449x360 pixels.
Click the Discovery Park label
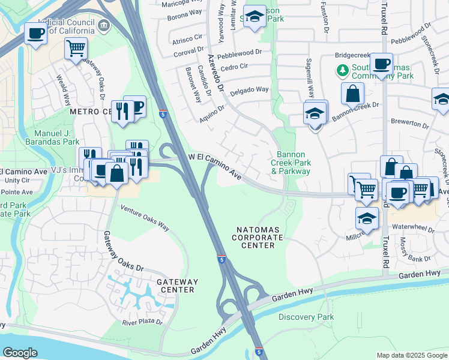[306, 317]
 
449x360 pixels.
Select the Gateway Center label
[176, 286]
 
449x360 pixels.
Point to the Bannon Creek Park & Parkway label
[291, 163]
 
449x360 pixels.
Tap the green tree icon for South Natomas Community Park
[343, 71]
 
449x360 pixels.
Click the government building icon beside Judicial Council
[104, 25]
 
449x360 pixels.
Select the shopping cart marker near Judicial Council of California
[76, 47]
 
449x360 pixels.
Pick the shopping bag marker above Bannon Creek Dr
[352, 93]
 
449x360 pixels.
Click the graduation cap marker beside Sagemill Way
[315, 112]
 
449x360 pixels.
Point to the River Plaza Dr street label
[142, 322]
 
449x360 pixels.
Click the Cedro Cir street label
[235, 67]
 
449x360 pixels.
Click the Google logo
[20, 353]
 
